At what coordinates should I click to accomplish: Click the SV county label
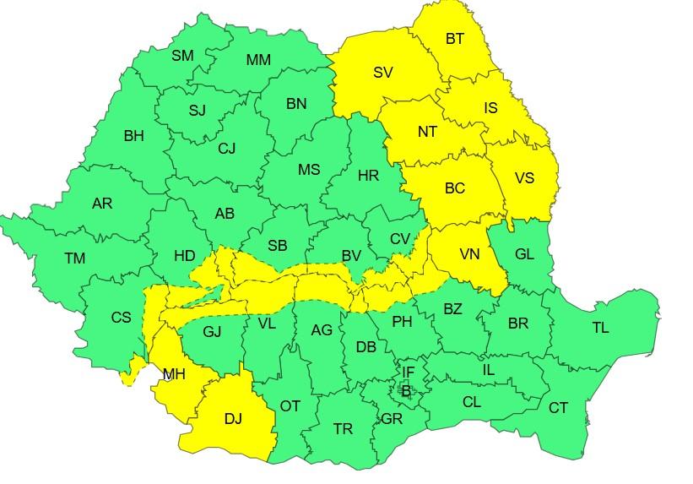(382, 73)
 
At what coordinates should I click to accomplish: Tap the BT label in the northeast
(454, 38)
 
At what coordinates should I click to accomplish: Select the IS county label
(490, 108)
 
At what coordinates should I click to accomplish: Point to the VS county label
(524, 178)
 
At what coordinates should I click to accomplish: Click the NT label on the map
(427, 132)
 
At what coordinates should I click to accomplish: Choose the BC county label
(454, 188)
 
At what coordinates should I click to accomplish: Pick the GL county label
(523, 254)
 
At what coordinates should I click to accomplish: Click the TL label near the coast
(600, 328)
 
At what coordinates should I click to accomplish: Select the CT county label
(558, 408)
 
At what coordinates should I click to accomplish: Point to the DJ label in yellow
(233, 418)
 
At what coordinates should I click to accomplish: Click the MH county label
(174, 374)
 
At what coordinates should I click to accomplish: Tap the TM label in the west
(74, 258)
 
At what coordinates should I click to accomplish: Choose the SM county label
(182, 56)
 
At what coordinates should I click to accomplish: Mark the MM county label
(258, 60)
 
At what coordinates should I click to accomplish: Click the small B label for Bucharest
(406, 391)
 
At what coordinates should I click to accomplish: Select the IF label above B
(408, 372)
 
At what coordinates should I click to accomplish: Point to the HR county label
(368, 176)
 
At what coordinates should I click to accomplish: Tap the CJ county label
(226, 149)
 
